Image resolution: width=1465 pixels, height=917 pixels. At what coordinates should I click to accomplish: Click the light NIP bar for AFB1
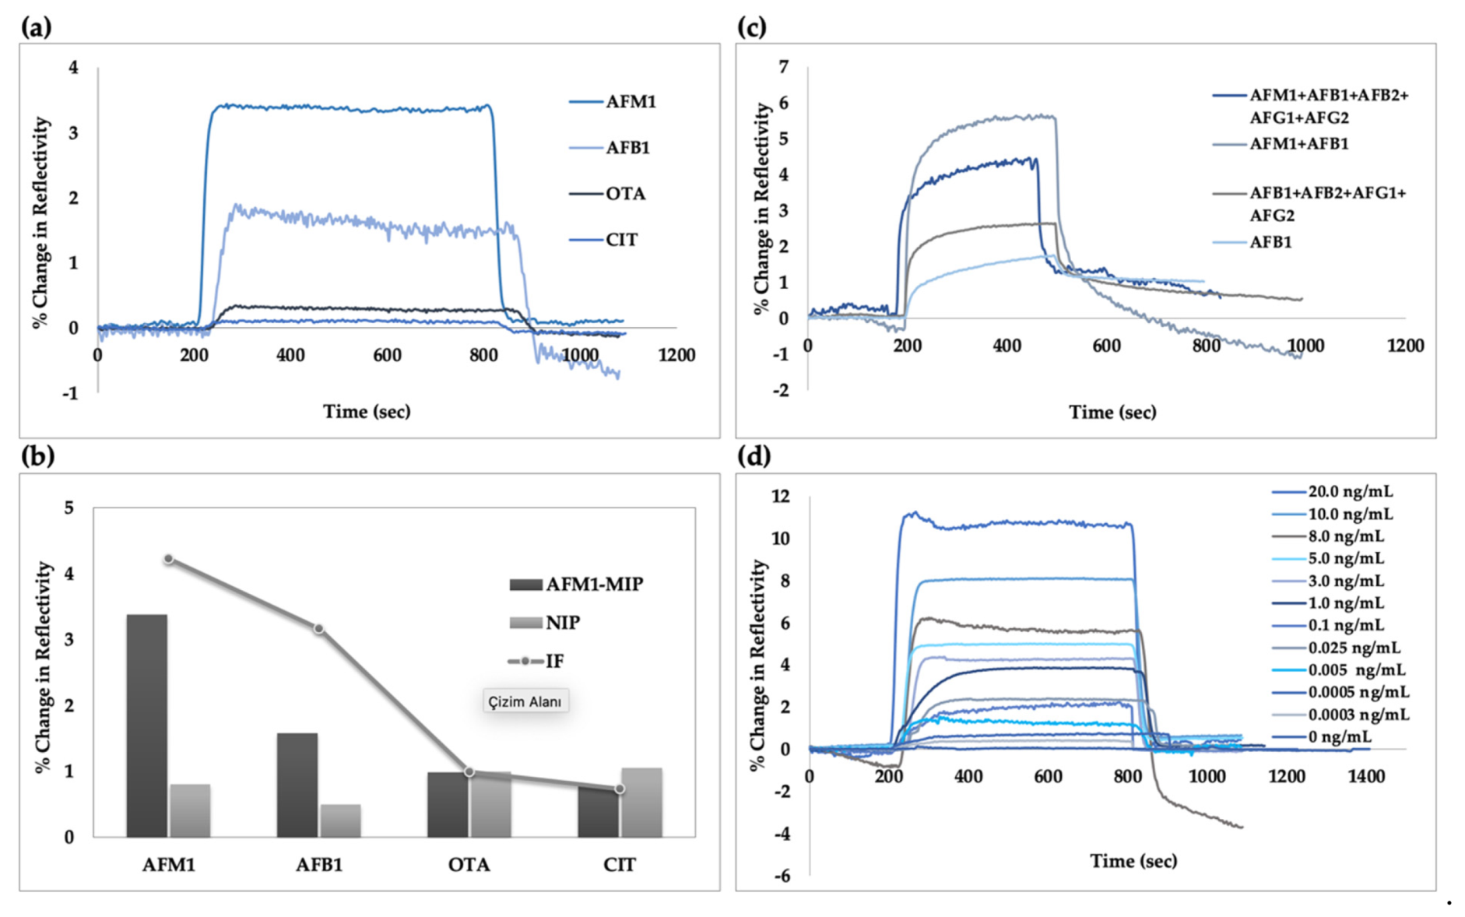click(340, 820)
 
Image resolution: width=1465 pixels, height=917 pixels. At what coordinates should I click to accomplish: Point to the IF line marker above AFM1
click(168, 559)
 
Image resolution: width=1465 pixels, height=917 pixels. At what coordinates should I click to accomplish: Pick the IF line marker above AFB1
click(318, 628)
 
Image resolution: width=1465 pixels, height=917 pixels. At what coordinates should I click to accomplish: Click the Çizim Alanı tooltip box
click(525, 701)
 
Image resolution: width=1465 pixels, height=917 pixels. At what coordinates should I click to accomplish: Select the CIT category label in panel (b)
click(619, 865)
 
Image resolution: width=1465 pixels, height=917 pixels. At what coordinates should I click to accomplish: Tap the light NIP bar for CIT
click(641, 802)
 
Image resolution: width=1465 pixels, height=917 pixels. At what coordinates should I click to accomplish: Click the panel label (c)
click(751, 27)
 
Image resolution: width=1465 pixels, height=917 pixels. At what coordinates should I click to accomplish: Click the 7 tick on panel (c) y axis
click(783, 67)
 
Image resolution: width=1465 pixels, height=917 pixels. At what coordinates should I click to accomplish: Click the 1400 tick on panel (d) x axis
click(1366, 776)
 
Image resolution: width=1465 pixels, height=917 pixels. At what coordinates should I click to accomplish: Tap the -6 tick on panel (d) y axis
click(781, 877)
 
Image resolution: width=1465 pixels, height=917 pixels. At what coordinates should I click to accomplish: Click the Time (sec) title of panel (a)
click(367, 412)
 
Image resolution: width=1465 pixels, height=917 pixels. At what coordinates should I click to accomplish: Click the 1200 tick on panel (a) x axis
click(676, 356)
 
